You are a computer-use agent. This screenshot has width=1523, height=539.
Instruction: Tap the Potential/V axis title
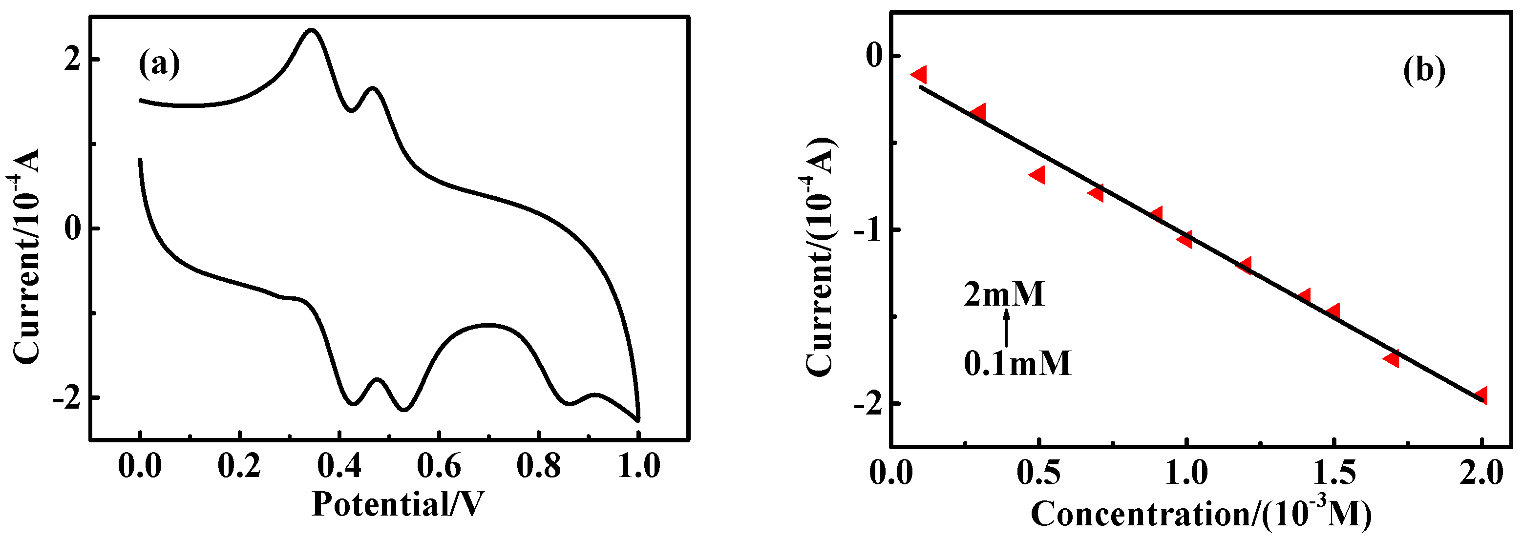pos(397,504)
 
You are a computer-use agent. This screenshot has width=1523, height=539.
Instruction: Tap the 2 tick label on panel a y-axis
pos(72,60)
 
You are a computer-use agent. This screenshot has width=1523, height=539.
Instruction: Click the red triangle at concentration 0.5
pos(1037,175)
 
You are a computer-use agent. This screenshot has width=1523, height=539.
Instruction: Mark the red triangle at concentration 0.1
pos(919,75)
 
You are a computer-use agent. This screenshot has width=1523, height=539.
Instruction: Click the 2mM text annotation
pos(1004,294)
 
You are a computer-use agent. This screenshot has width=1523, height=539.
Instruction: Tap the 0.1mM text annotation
pos(1017,363)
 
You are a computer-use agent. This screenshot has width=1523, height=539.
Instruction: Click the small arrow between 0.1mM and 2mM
pos(1006,328)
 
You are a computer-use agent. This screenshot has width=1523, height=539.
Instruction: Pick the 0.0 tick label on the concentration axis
pos(891,473)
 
